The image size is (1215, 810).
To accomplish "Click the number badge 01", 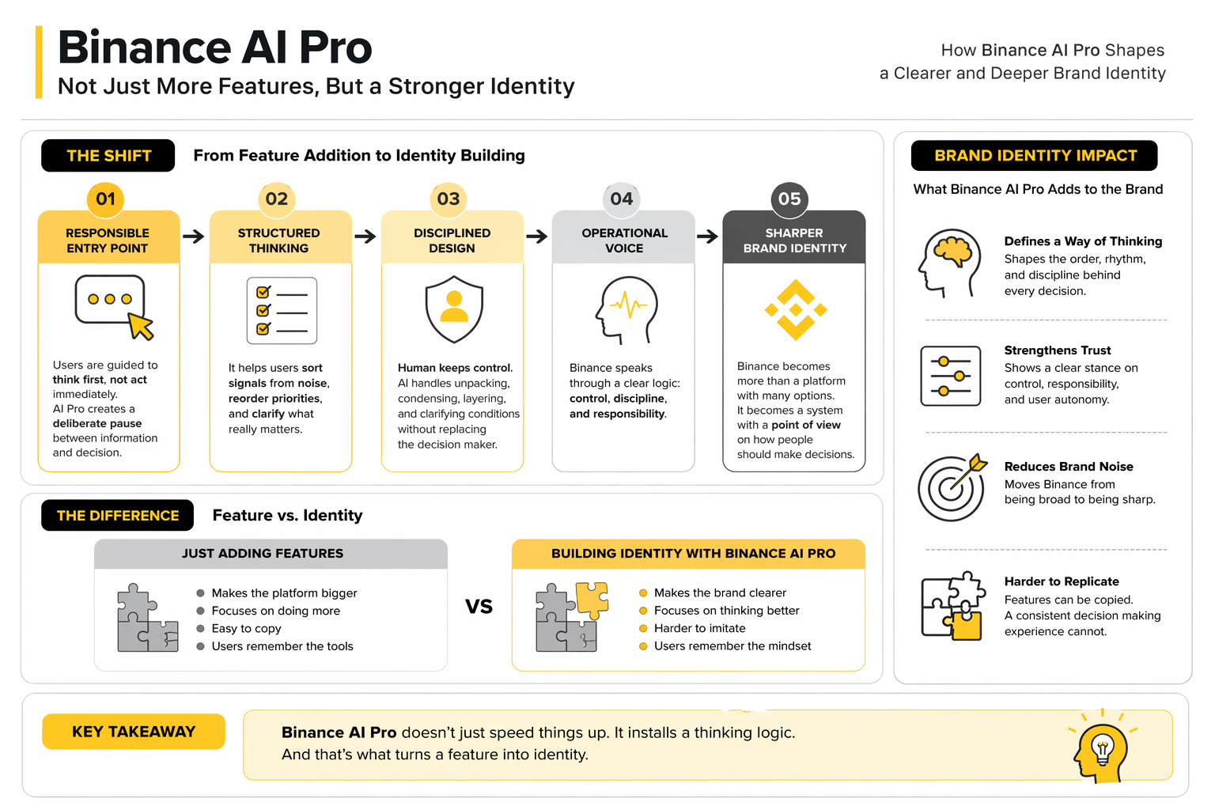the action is click(x=106, y=199).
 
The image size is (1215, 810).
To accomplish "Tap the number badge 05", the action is click(x=789, y=199).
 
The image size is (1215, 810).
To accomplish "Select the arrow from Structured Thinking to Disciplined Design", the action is click(x=365, y=237).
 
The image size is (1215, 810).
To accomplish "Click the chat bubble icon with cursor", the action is click(x=114, y=307).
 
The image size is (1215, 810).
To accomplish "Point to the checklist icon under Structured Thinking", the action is click(x=282, y=311).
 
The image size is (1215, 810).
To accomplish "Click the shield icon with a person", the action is click(x=454, y=309).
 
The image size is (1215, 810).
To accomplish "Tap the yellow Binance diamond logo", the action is click(x=796, y=310).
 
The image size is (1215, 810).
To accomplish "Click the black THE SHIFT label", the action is click(x=108, y=156).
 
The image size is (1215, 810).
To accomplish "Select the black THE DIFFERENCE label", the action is click(x=117, y=516).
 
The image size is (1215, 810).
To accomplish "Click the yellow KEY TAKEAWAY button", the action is click(x=134, y=732).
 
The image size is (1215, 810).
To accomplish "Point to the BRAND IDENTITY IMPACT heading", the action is click(x=1035, y=156).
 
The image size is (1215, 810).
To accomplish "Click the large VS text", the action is click(x=479, y=606).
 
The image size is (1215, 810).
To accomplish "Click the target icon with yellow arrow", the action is click(x=952, y=486).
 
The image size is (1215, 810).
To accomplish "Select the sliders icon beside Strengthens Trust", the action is click(x=950, y=376).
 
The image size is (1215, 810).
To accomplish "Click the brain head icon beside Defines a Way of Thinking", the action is click(x=949, y=263).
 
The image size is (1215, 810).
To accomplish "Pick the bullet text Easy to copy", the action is click(x=246, y=628).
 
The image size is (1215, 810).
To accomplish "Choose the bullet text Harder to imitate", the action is click(x=700, y=628).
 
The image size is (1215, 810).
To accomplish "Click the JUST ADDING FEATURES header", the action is click(x=263, y=554).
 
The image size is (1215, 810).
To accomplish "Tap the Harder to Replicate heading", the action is click(x=1062, y=581).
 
